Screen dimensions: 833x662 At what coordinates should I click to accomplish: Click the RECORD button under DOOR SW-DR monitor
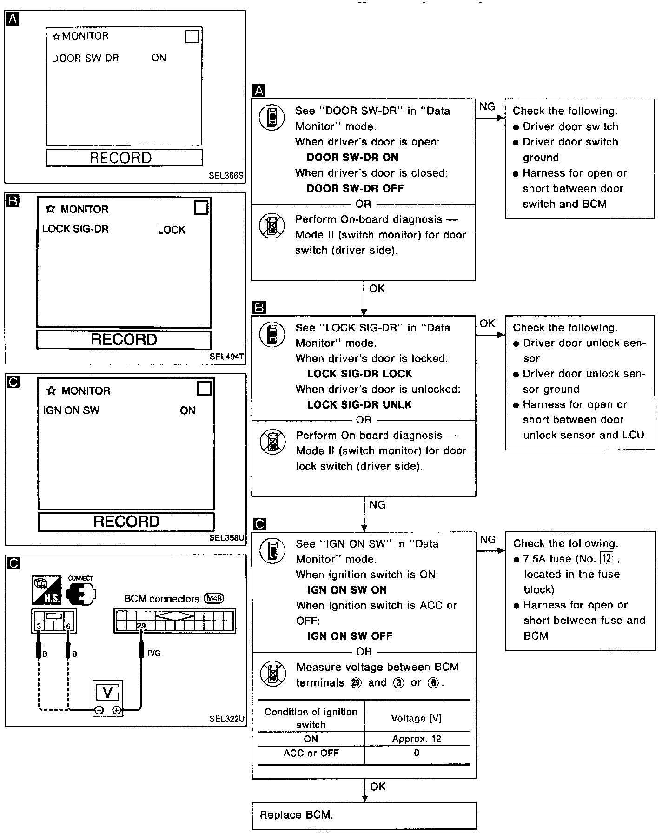(124, 158)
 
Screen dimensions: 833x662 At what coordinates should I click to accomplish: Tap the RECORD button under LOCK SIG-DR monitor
(124, 340)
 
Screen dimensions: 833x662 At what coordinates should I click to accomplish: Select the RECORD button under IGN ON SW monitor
(126, 522)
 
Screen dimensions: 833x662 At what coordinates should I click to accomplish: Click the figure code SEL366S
(226, 176)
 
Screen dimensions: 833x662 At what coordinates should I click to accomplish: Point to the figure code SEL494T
(227, 357)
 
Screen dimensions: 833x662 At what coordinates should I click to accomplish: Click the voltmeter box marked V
(108, 693)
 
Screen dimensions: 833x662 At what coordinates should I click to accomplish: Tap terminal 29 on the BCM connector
(141, 626)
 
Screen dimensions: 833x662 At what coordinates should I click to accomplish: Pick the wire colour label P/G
(154, 653)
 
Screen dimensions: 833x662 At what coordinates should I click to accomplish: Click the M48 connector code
(214, 599)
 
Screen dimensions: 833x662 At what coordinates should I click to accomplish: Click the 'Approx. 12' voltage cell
(417, 739)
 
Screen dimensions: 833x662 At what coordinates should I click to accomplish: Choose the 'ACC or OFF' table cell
(311, 753)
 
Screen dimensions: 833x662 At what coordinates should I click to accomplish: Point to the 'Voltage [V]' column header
(417, 718)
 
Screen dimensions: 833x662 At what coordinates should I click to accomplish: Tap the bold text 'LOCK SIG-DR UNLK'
(359, 405)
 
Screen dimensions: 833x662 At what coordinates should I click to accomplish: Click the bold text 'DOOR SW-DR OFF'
(355, 189)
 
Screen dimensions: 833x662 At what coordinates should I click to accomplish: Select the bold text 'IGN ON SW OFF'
(350, 636)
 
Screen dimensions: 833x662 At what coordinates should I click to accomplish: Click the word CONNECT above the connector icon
(80, 578)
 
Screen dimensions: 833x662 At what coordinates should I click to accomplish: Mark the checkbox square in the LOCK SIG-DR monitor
(201, 208)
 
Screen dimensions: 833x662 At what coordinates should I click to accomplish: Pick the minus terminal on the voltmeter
(99, 710)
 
